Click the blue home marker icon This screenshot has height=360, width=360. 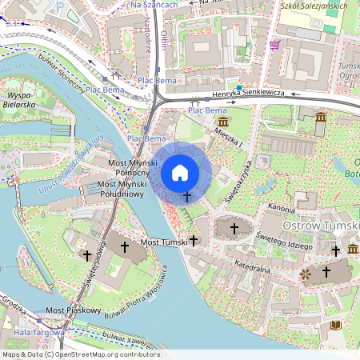(180, 173)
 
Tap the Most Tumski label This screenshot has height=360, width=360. (163, 241)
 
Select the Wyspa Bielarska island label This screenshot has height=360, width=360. (18, 98)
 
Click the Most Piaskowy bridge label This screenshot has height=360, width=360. (73, 310)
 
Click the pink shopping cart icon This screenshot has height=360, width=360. (275, 45)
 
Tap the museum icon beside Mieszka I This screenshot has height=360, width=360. (222, 121)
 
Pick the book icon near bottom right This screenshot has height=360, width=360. (336, 325)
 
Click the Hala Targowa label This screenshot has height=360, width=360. (33, 332)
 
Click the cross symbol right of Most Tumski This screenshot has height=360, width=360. (194, 239)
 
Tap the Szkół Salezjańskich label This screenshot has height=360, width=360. (314, 6)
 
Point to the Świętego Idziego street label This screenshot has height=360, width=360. (284, 239)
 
